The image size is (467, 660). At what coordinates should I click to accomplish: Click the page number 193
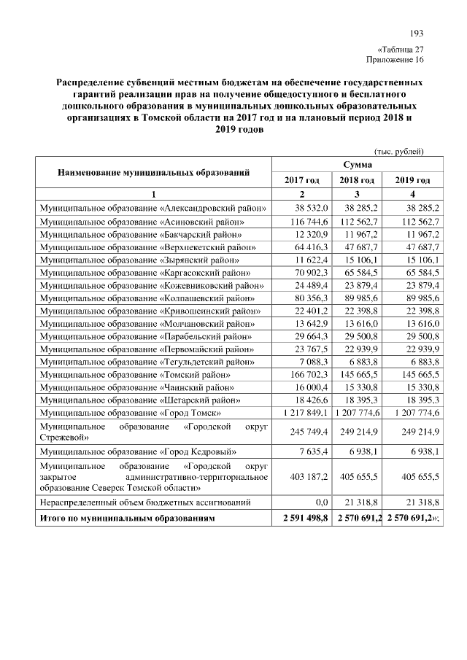tap(417, 34)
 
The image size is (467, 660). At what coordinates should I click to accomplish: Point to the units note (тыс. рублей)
tap(398, 151)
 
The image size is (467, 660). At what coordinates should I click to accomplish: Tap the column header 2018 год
tap(358, 180)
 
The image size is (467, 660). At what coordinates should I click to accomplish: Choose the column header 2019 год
tap(412, 180)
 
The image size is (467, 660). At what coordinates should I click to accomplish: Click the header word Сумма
tap(358, 166)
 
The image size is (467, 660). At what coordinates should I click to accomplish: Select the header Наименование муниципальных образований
tap(154, 173)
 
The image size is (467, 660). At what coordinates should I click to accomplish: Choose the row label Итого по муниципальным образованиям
tap(128, 517)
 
